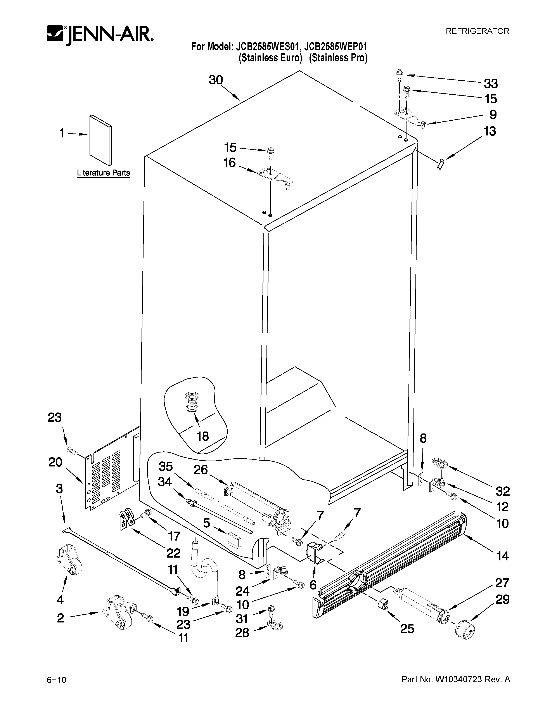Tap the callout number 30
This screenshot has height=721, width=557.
[x=216, y=80]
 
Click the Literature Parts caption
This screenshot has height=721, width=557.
[x=103, y=173]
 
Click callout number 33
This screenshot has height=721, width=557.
[x=491, y=84]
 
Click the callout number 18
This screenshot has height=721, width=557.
[x=203, y=437]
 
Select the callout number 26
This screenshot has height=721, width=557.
[x=201, y=470]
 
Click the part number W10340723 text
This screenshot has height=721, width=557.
[x=456, y=680]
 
